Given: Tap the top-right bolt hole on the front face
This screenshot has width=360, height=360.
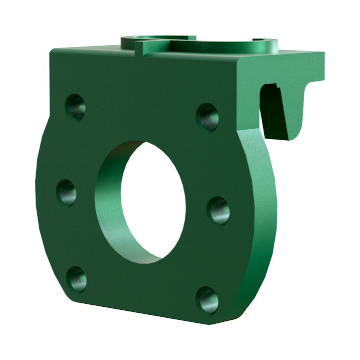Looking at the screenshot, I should coord(208,115).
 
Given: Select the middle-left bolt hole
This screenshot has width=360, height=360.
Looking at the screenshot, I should coord(67,190).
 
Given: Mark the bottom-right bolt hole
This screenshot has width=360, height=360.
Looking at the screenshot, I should coord(206,298).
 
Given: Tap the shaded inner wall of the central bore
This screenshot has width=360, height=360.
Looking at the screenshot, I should coord(112,200).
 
